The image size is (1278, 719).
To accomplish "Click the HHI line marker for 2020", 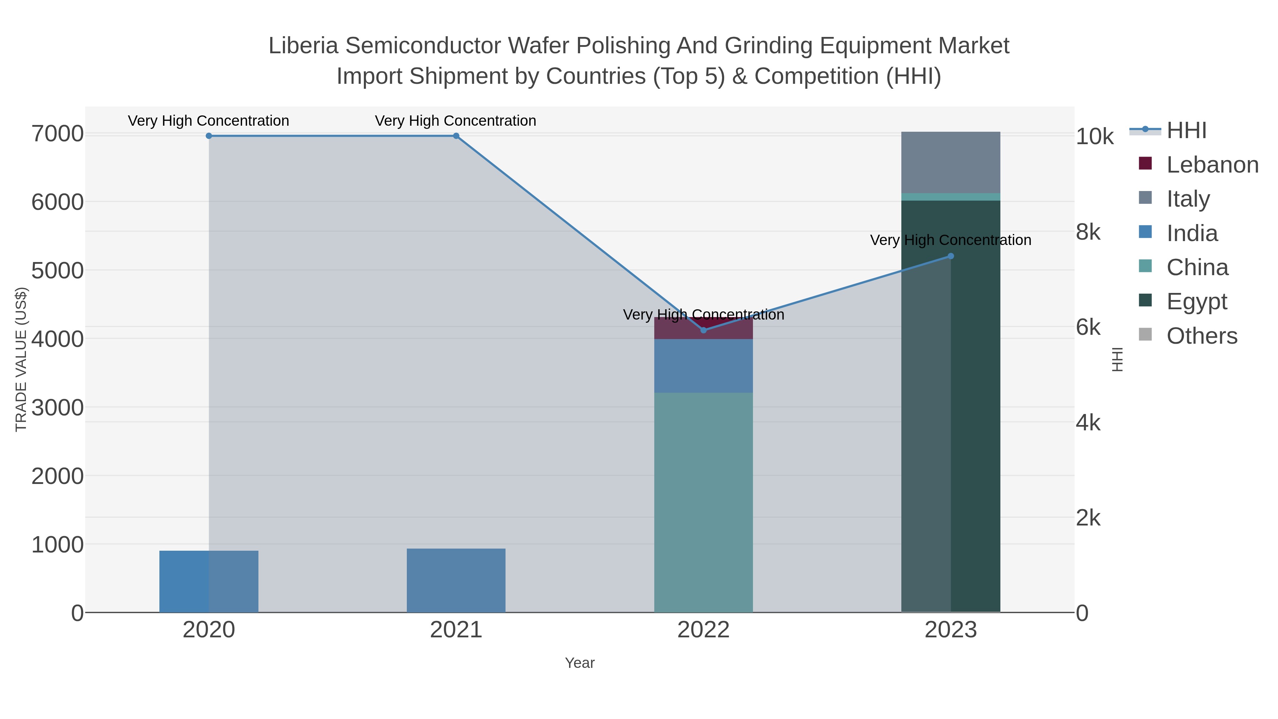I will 209,136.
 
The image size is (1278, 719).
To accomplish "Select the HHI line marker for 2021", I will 456,136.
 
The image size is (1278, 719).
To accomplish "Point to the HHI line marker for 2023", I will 951,257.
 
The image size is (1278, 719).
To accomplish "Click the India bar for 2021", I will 456,580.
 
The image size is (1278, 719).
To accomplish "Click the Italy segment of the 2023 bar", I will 951,162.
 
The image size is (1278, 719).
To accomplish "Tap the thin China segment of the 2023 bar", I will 951,197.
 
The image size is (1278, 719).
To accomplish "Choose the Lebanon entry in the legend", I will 1212,165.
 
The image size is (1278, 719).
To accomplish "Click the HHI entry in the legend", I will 1186,131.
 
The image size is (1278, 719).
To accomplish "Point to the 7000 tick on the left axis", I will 58,134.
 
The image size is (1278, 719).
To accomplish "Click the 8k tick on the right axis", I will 1088,232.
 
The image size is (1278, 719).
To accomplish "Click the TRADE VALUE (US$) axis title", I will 21,359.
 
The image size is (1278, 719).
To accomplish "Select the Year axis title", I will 579,663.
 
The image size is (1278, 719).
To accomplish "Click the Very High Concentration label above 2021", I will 455,121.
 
